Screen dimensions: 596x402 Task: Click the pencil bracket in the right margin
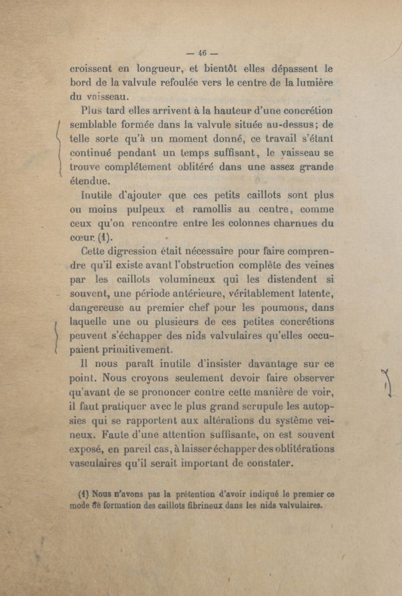coord(387,384)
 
